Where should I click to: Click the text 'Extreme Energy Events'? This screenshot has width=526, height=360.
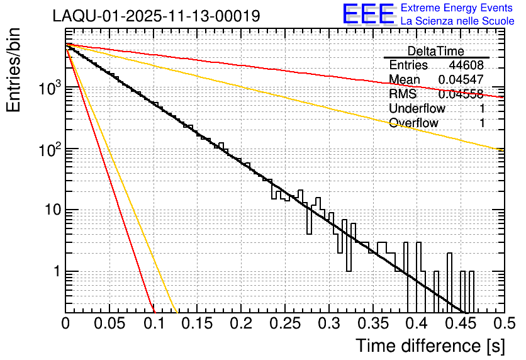(457, 8)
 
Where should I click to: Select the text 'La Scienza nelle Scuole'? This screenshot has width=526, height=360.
(457, 21)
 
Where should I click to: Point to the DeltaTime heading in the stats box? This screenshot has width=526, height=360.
(436, 51)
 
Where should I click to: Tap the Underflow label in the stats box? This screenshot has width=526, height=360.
(417, 108)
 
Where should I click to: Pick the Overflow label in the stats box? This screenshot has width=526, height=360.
(413, 123)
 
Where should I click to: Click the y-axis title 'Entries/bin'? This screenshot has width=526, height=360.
(18, 71)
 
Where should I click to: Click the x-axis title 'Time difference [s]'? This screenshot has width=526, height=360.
(430, 346)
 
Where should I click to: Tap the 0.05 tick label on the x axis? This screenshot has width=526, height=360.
(109, 324)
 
